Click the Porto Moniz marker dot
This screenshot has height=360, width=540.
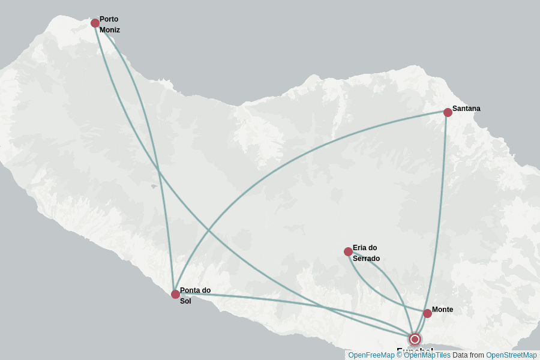pyautogui.click(x=95, y=23)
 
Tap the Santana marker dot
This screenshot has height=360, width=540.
pyautogui.click(x=448, y=112)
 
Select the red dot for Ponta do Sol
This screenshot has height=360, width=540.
pyautogui.click(x=175, y=294)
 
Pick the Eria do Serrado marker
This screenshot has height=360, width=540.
pyautogui.click(x=348, y=251)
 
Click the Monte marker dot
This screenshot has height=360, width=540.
pyautogui.click(x=427, y=313)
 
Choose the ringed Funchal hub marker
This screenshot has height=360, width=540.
pyautogui.click(x=415, y=339)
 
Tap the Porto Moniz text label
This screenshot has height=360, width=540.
pyautogui.click(x=109, y=25)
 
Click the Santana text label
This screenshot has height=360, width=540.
pyautogui.click(x=466, y=109)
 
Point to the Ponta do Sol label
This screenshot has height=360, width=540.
pyautogui.click(x=195, y=295)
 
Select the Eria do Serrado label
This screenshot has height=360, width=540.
pyautogui.click(x=366, y=253)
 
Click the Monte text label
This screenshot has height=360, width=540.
pyautogui.click(x=442, y=310)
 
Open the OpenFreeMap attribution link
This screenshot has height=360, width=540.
pyautogui.click(x=371, y=355)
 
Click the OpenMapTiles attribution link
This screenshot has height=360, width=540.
pyautogui.click(x=427, y=355)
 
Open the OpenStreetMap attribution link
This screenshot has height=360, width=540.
pyautogui.click(x=511, y=355)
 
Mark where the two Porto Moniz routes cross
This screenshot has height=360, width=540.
pyautogui.click(x=159, y=172)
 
